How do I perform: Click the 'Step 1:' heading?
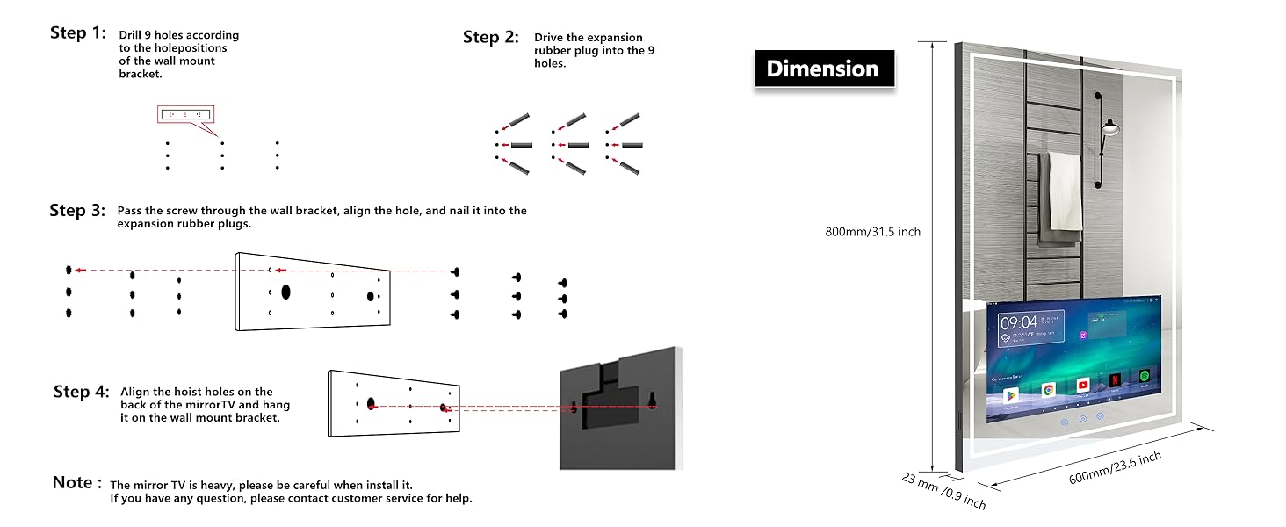(x=78, y=33)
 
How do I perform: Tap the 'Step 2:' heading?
(x=491, y=37)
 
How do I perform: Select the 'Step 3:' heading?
(x=77, y=210)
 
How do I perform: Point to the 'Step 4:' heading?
(x=81, y=392)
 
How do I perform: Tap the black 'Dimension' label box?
(x=823, y=69)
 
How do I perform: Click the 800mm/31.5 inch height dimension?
(x=872, y=232)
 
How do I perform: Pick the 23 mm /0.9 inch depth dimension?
(x=943, y=490)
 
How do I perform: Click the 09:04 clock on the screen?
(x=1018, y=322)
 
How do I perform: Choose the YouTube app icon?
(x=1083, y=386)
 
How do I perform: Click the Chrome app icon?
(x=1048, y=389)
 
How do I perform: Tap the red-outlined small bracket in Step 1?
(x=185, y=114)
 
